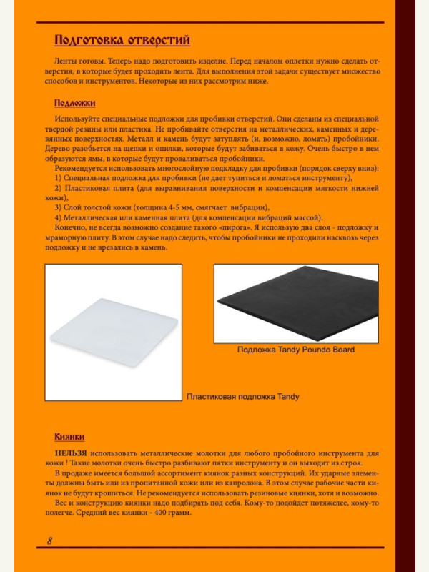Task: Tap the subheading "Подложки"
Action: click(74, 103)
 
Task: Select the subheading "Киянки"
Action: click(70, 436)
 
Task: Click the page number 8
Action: click(49, 541)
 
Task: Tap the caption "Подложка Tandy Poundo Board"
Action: click(295, 350)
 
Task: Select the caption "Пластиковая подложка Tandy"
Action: click(242, 396)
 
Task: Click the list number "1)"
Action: click(59, 177)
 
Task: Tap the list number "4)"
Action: click(59, 217)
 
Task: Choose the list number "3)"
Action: click(59, 207)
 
